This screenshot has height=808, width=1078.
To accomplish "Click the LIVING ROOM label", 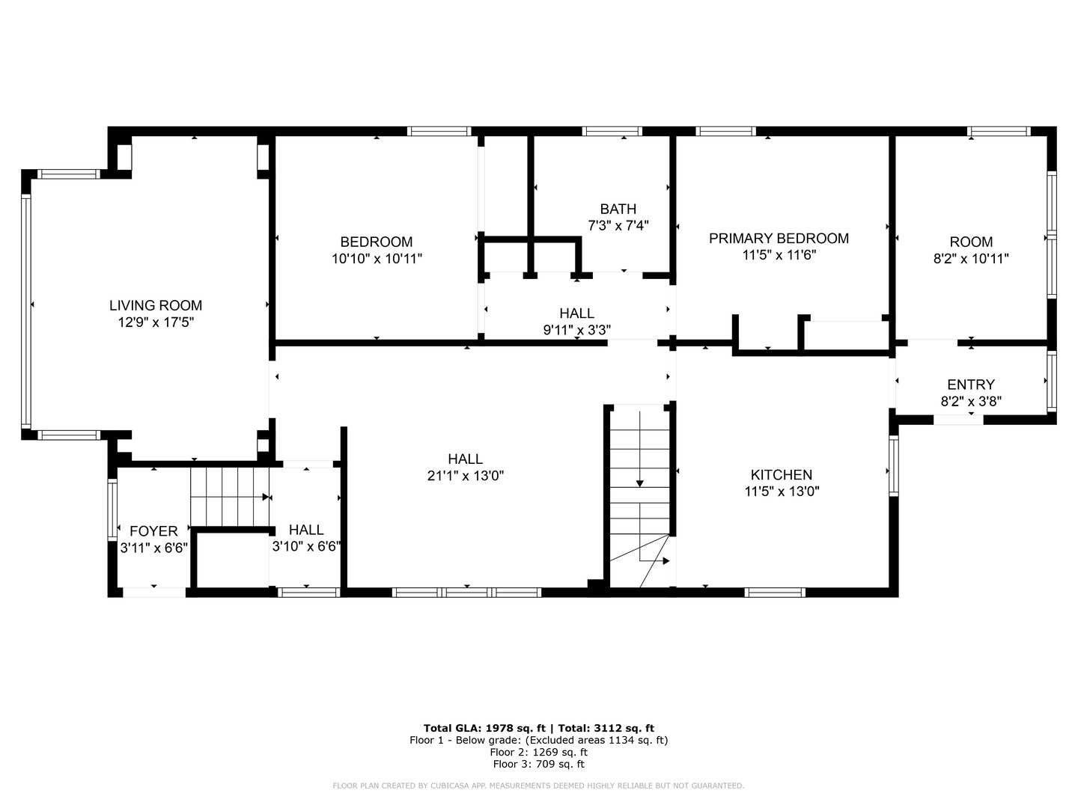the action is (156, 306).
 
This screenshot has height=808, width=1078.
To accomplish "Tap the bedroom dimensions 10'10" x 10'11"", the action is (377, 259).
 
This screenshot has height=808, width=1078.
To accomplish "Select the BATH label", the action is (618, 209).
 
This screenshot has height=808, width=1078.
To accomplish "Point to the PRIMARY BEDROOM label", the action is (779, 239).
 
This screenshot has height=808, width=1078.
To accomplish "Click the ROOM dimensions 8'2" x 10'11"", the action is (971, 259).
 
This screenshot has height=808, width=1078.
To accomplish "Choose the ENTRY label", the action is (971, 385).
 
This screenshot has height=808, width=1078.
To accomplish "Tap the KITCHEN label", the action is (782, 475).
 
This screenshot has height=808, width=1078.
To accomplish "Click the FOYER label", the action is (153, 531).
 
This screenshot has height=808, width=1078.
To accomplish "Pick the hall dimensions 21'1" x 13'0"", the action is (466, 476).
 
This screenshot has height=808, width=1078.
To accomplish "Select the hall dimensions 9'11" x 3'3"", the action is (577, 330).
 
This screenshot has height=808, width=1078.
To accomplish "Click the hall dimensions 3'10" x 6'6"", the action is (306, 546).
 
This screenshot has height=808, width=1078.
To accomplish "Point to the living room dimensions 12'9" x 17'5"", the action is (156, 322).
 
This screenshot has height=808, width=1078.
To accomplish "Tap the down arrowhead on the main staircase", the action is (639, 484).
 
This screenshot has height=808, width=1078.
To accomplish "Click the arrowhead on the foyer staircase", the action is (266, 497).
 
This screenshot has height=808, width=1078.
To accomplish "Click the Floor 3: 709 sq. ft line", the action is (539, 764).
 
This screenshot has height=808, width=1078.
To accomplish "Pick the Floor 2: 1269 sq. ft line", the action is (539, 752).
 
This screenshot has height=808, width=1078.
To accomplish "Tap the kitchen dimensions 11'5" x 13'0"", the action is (782, 492).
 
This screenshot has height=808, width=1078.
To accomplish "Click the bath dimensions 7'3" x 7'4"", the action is (618, 226).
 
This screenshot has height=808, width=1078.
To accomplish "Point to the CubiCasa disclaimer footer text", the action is (539, 786).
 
